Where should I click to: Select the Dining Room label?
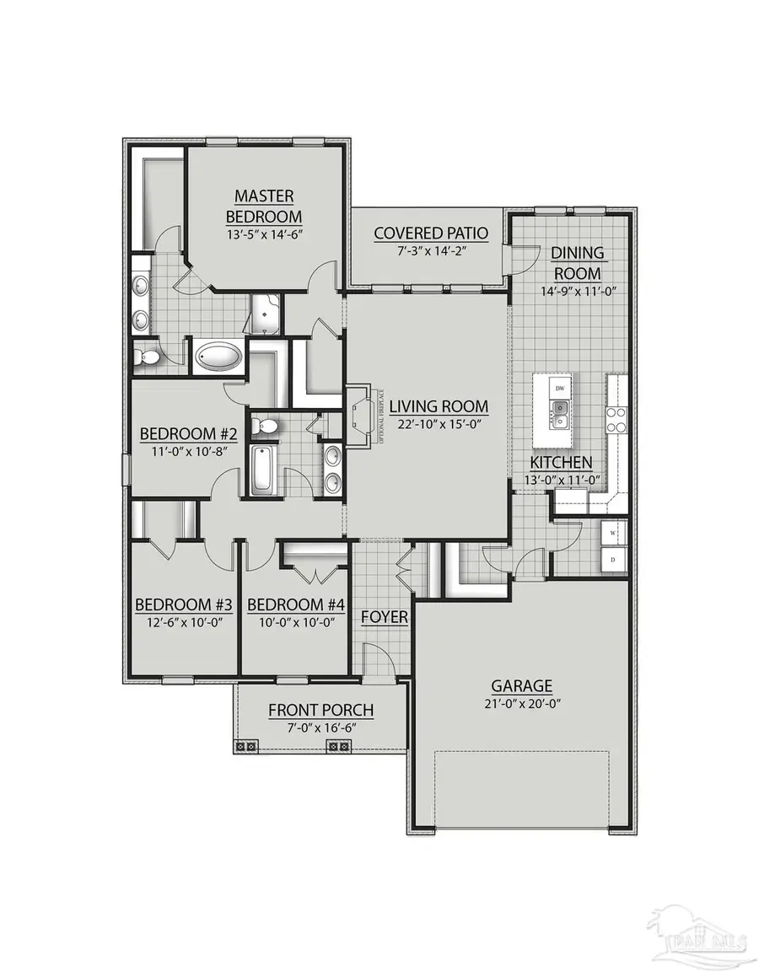click(578, 263)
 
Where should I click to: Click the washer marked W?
click(612, 533)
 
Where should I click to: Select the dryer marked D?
click(612, 558)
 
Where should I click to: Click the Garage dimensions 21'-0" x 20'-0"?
click(523, 702)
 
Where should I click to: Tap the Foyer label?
click(385, 618)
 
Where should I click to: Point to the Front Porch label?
click(320, 711)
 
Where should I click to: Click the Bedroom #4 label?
click(287, 604)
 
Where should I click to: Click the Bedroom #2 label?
click(188, 434)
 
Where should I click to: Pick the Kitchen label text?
click(561, 463)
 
